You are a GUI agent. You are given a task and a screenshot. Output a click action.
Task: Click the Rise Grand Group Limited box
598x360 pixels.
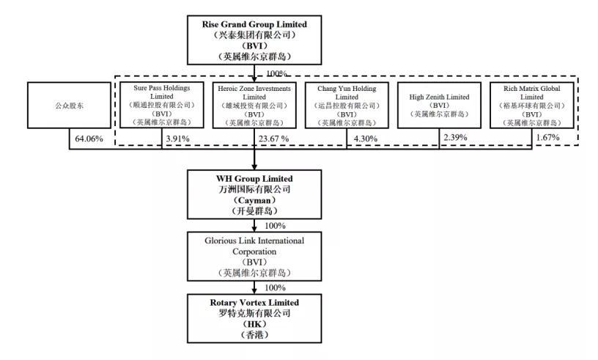(x=254, y=40)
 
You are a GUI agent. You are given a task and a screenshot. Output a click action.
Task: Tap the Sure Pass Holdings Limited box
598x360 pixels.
(x=162, y=106)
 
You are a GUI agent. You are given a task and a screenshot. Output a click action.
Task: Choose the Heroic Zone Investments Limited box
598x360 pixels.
(x=254, y=106)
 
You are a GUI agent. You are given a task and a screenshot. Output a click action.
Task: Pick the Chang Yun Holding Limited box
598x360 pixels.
(x=347, y=106)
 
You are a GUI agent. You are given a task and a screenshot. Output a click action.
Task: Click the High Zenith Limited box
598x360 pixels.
(x=439, y=106)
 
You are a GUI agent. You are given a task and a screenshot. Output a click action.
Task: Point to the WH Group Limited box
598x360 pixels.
(x=254, y=195)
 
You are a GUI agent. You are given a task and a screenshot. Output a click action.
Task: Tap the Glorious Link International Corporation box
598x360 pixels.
(x=254, y=257)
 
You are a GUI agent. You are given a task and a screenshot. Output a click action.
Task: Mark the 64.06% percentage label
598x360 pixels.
(x=87, y=138)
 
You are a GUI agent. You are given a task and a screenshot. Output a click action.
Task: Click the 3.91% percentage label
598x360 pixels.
(x=178, y=138)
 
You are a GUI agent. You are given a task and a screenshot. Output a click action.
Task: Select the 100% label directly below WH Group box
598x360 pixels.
(x=275, y=226)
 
